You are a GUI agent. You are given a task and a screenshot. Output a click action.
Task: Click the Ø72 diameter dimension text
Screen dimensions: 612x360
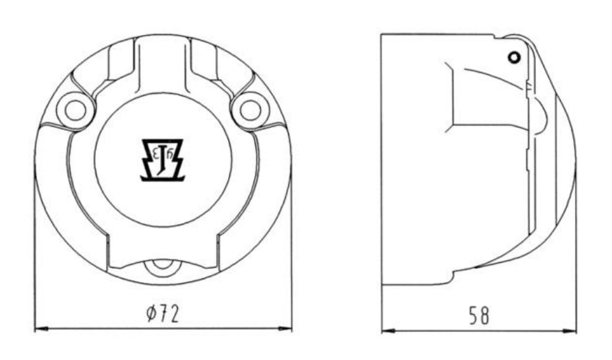(163, 313)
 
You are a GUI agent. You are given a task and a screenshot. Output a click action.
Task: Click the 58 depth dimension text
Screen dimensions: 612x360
(479, 316)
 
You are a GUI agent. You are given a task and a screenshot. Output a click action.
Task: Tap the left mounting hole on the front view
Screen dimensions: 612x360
(76, 110)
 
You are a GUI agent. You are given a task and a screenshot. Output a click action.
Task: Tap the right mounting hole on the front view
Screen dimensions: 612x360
(250, 110)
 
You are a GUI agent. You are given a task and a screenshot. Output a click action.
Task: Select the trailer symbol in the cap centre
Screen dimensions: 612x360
(162, 160)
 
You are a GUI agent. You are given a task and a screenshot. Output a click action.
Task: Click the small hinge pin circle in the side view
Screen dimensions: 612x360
(514, 57)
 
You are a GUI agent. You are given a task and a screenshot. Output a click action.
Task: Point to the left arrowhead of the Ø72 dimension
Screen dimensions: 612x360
(41, 330)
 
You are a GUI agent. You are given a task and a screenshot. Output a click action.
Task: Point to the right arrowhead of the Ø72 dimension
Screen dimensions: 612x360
(285, 330)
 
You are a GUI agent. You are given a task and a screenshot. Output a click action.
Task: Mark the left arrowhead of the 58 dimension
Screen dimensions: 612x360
(388, 331)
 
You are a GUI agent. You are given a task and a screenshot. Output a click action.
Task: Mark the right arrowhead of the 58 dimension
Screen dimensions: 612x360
(570, 331)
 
